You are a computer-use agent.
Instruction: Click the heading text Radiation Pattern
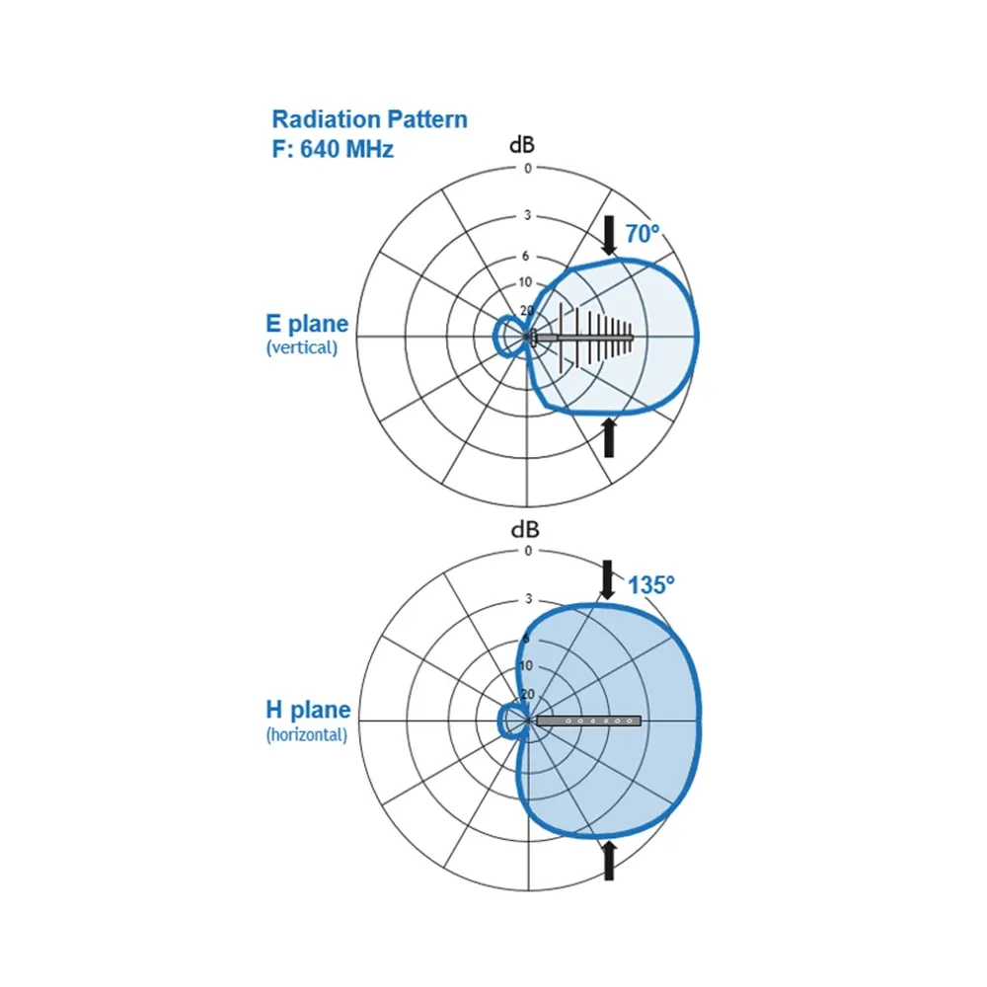[x=369, y=119]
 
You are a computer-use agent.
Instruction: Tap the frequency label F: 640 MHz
[x=333, y=149]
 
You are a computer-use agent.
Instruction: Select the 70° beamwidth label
[x=643, y=234]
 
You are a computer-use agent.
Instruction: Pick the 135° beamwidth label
[x=650, y=584]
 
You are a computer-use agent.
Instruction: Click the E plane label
[x=307, y=324]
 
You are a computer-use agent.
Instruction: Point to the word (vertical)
[x=302, y=347]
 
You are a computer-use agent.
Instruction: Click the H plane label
[x=308, y=710]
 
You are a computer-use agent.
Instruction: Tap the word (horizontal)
[x=307, y=734]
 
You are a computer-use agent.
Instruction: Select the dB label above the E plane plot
[x=522, y=145]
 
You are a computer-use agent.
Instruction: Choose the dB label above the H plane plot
[x=525, y=529]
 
